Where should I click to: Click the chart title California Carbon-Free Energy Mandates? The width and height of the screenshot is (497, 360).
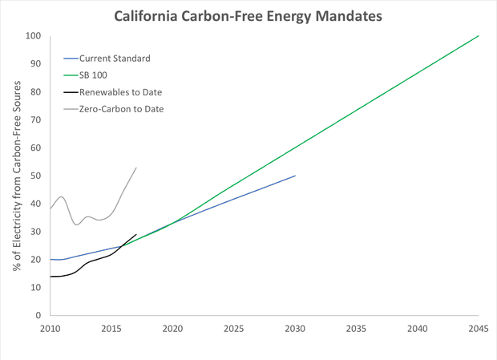pyautogui.click(x=248, y=15)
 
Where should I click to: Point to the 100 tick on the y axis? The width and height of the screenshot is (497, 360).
pyautogui.click(x=33, y=36)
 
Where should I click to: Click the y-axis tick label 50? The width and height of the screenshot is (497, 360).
pyautogui.click(x=36, y=176)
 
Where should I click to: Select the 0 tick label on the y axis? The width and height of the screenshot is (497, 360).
pyautogui.click(x=38, y=316)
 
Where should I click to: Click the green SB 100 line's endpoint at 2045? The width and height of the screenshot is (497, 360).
pyautogui.click(x=479, y=35)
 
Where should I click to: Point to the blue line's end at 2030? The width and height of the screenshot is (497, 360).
pyautogui.click(x=295, y=176)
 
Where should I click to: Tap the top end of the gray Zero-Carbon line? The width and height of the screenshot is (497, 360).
pyautogui.click(x=136, y=168)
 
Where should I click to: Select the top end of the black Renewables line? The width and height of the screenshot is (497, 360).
pyautogui.click(x=136, y=234)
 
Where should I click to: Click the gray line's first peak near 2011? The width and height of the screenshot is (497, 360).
pyautogui.click(x=62, y=196)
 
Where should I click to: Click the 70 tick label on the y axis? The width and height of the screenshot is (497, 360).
pyautogui.click(x=36, y=119)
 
